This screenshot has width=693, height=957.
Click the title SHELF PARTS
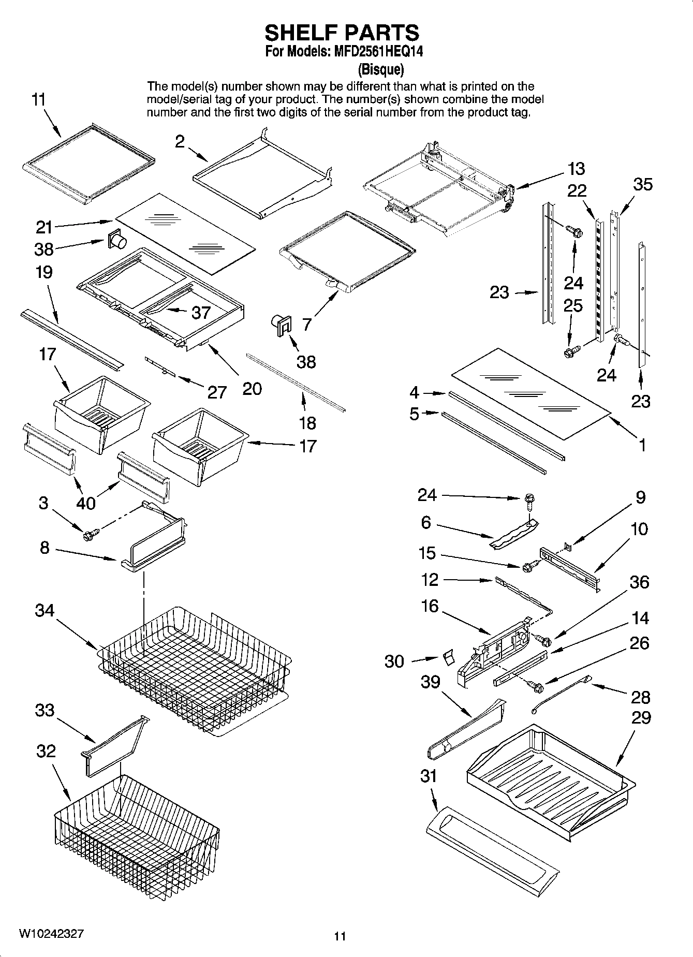342,33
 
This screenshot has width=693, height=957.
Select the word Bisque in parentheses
380,69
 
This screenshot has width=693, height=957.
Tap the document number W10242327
50,933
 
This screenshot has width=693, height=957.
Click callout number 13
576,169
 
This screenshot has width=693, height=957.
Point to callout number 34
45,610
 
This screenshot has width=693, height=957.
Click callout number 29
641,717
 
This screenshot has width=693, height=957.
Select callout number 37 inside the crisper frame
201,312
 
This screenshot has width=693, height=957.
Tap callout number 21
45,227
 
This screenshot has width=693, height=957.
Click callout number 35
643,184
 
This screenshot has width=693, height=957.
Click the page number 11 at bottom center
340,936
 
